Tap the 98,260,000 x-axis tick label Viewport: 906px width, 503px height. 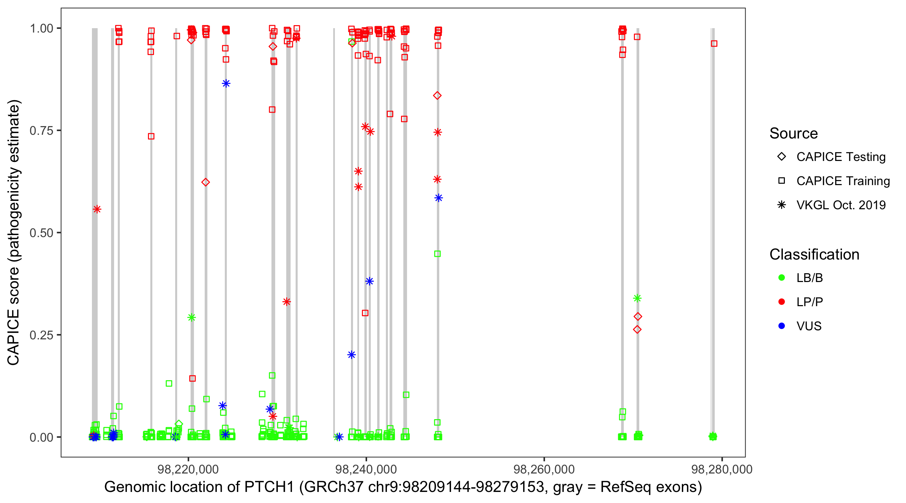(544, 469)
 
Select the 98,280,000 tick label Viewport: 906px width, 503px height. (722, 469)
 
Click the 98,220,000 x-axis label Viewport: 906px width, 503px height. (188, 469)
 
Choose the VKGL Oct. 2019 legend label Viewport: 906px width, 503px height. (841, 205)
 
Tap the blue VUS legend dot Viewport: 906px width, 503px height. (782, 326)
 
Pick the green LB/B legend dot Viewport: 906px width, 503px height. (782, 278)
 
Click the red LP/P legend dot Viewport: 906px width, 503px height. (782, 302)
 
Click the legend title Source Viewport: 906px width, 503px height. (794, 133)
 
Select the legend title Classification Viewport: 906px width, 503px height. (814, 255)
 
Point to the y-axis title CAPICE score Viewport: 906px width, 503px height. (13, 233)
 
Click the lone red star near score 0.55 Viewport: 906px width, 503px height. (97, 210)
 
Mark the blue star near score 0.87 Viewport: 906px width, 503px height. (226, 83)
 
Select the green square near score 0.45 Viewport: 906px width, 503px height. (437, 254)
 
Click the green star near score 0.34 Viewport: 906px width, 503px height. (637, 298)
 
